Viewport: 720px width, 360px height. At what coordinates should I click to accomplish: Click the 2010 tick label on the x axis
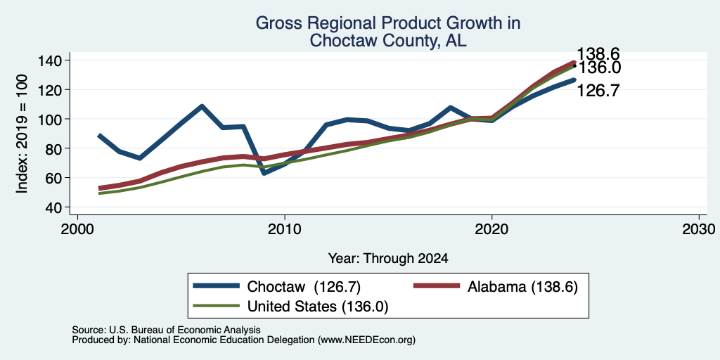click(285, 229)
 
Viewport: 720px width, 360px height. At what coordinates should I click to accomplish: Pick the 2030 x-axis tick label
click(699, 229)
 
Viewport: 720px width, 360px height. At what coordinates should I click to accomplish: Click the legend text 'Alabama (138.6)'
click(522, 287)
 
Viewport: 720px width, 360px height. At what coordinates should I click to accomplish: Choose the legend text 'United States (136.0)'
click(318, 307)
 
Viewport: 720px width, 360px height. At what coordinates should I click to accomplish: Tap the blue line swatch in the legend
click(217, 286)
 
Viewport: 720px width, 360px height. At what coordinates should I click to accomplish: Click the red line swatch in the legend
click(437, 286)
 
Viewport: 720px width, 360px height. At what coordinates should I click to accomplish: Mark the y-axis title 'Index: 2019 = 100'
click(22, 134)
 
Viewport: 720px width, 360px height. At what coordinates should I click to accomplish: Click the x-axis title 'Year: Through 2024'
click(388, 259)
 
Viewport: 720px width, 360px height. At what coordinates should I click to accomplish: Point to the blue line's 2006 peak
click(202, 106)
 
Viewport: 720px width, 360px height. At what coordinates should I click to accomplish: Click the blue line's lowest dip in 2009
click(264, 173)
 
